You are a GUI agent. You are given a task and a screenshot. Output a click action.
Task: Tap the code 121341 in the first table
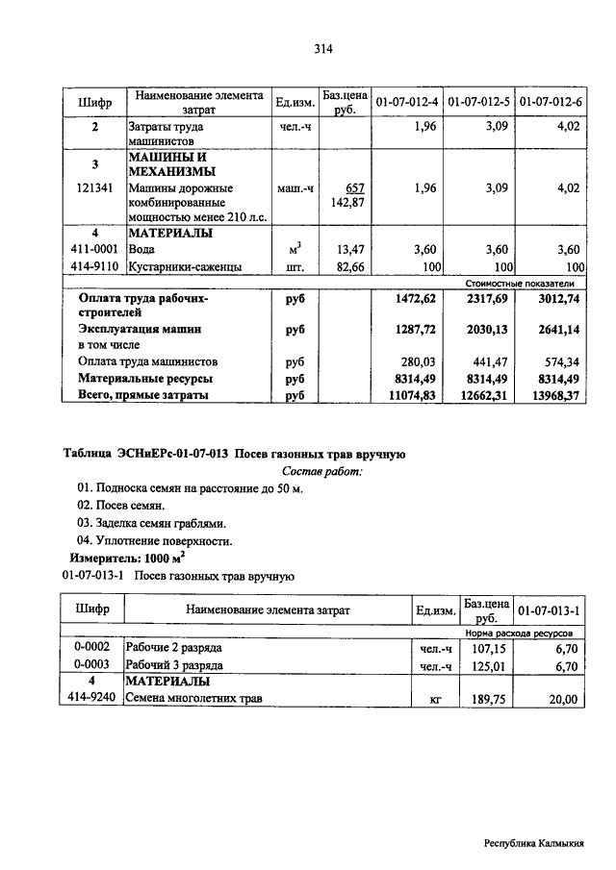[95, 188]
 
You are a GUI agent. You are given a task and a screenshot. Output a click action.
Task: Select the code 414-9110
[95, 266]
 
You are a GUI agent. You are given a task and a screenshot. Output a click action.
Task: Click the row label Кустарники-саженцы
[185, 266]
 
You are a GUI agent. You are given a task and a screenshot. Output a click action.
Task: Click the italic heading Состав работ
[322, 472]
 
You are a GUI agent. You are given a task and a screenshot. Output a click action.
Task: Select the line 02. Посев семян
[121, 506]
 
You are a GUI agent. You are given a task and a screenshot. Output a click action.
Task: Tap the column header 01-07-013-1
[549, 610]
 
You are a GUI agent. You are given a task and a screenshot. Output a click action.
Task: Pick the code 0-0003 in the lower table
[92, 664]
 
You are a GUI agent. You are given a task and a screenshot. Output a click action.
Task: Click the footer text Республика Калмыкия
[534, 843]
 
